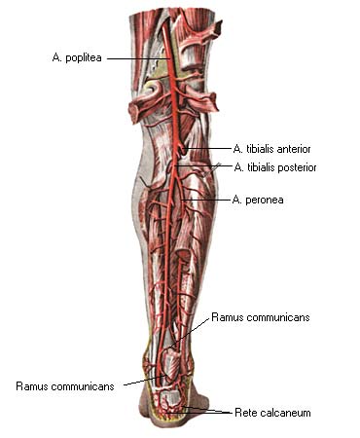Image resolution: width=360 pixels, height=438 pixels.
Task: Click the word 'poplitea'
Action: point(84,58)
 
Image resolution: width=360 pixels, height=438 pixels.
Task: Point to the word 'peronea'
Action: point(265,200)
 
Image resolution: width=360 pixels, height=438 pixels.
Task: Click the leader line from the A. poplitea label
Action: point(139,58)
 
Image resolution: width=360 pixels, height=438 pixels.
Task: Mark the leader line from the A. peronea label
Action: point(206,200)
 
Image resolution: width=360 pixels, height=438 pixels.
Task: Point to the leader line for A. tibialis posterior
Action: point(203,166)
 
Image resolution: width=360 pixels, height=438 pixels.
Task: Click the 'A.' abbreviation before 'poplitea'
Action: point(57,57)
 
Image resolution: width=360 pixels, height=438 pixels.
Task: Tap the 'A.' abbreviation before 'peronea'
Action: point(237,200)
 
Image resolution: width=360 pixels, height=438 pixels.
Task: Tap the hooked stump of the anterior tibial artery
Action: point(183,150)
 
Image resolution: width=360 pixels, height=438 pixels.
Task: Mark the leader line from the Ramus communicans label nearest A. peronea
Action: point(190,333)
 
